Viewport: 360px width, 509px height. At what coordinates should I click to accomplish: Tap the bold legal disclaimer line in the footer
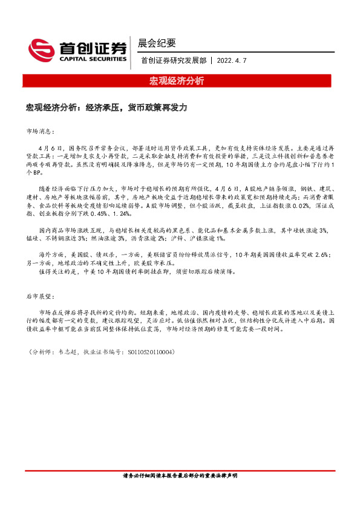180,476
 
